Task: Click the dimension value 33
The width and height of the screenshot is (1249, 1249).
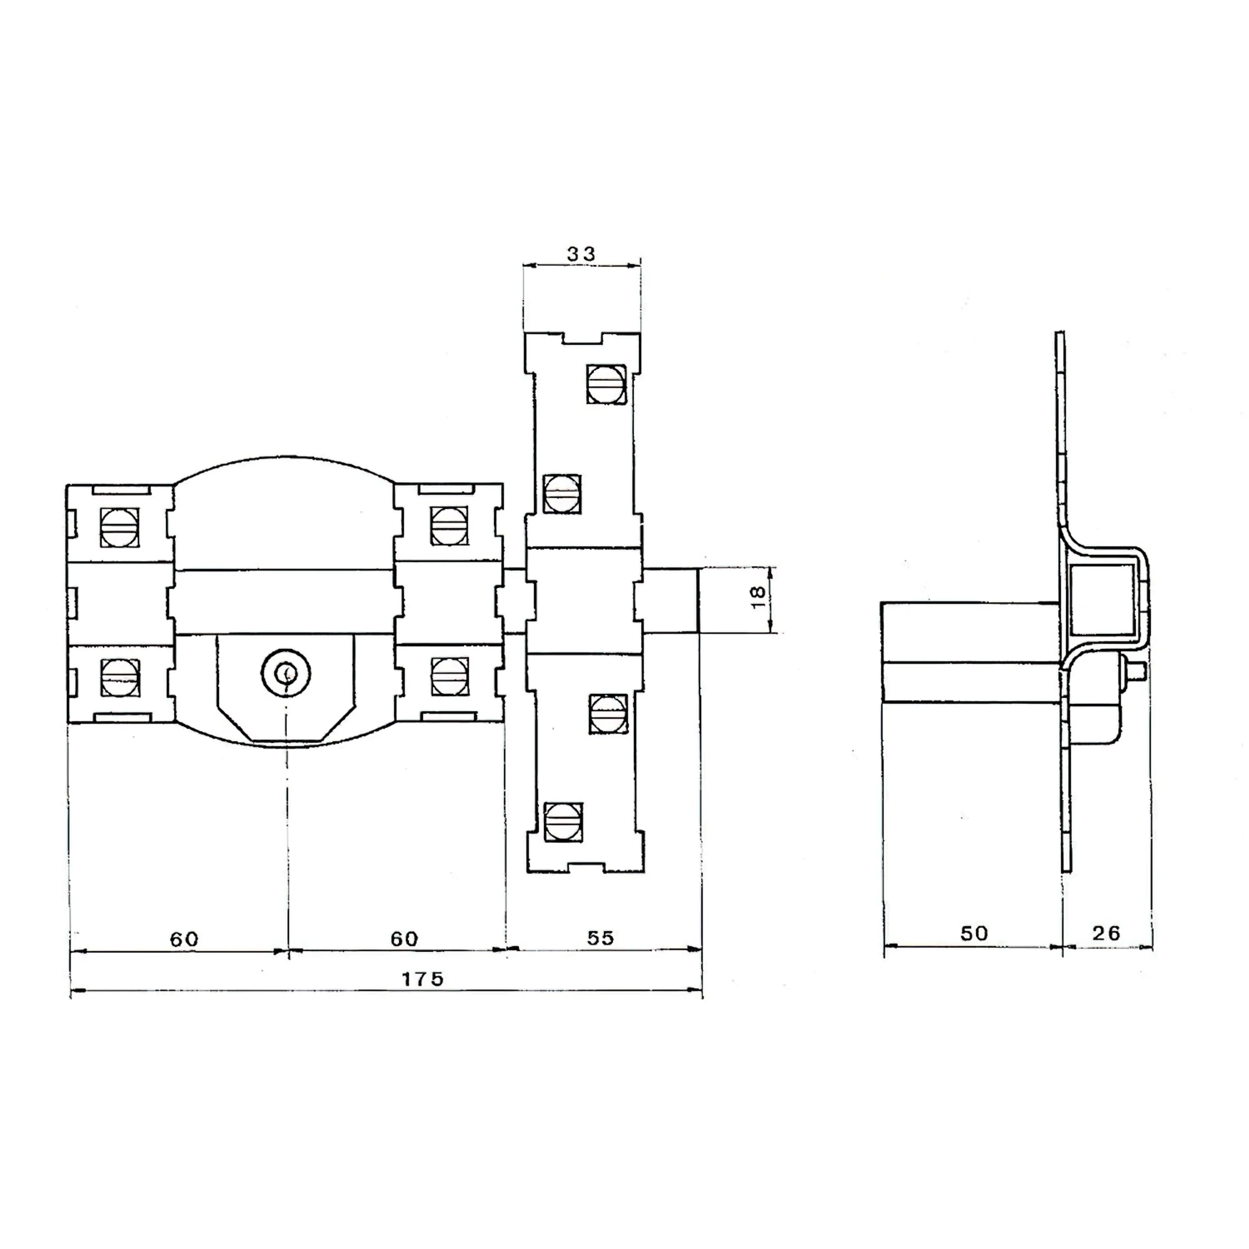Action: coord(581,254)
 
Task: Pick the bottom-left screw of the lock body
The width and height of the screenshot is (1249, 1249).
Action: coord(120,677)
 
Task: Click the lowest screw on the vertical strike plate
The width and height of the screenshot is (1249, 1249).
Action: coord(563,822)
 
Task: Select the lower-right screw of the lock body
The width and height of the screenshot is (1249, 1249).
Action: coord(449,676)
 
